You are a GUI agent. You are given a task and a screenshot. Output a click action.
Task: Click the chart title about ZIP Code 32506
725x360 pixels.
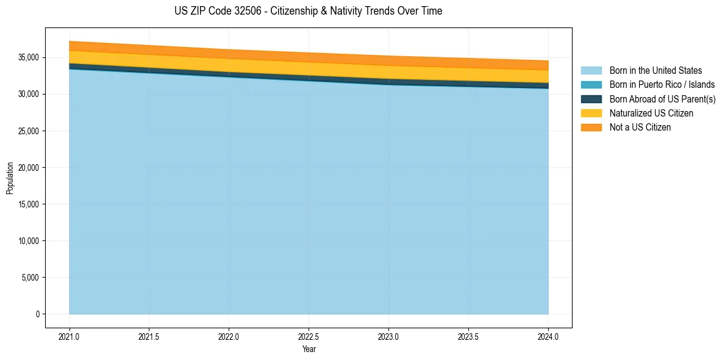coord(308,11)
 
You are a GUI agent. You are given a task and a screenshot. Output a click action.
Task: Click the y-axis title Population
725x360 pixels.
coord(10,178)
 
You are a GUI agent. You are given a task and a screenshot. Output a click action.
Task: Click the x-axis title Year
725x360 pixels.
coord(309,349)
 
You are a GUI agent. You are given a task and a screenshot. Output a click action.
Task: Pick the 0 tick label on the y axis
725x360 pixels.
coord(37,314)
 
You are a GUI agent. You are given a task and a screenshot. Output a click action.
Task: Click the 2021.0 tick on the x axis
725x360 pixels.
coord(69,336)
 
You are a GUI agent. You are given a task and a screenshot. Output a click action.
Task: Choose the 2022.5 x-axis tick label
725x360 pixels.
coord(309,336)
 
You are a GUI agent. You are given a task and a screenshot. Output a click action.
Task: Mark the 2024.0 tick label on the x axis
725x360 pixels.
coord(548,336)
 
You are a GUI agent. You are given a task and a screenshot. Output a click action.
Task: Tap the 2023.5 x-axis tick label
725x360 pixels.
coord(468,336)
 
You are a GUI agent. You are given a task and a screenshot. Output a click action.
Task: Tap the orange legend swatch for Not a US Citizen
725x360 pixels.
coord(591,127)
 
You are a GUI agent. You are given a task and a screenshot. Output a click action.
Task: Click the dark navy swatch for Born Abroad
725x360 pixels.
coord(591,99)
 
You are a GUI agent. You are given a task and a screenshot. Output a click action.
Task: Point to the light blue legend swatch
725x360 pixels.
coord(591,71)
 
